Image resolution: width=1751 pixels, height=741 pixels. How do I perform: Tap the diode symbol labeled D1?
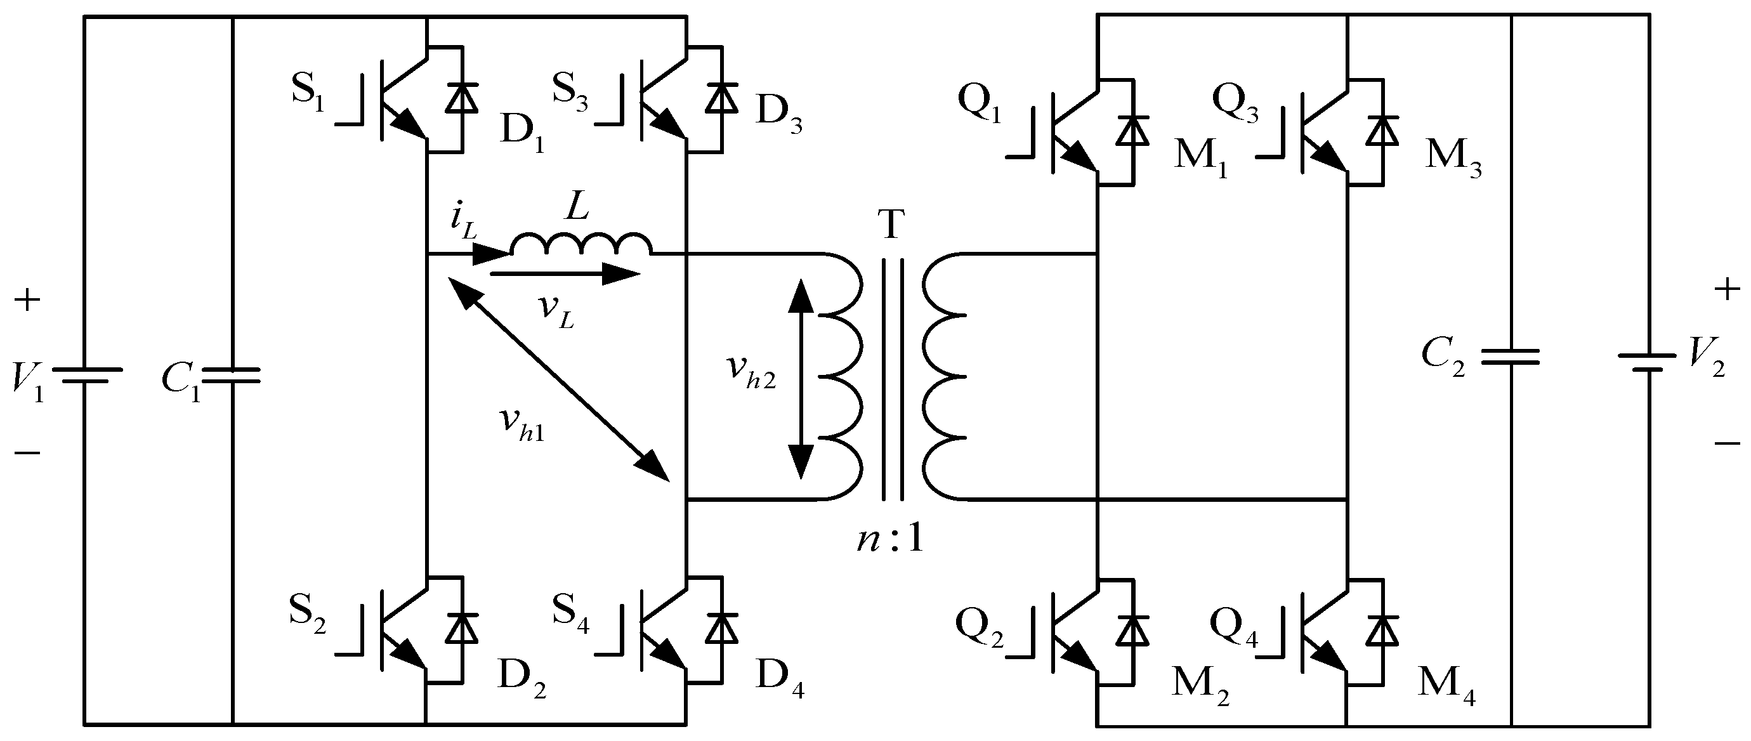pyautogui.click(x=462, y=98)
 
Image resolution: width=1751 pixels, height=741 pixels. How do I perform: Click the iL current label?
pyautogui.click(x=463, y=223)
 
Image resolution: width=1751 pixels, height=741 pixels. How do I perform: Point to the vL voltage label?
pyautogui.click(x=556, y=311)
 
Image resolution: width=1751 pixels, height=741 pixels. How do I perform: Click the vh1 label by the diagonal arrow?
pyautogui.click(x=521, y=426)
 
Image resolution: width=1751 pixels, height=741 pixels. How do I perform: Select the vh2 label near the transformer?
pyautogui.click(x=751, y=371)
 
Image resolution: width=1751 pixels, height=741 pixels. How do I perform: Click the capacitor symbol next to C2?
pyautogui.click(x=1511, y=357)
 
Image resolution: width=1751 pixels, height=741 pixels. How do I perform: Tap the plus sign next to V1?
pyautogui.click(x=27, y=301)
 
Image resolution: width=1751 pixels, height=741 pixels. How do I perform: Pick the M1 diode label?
pyautogui.click(x=1201, y=161)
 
